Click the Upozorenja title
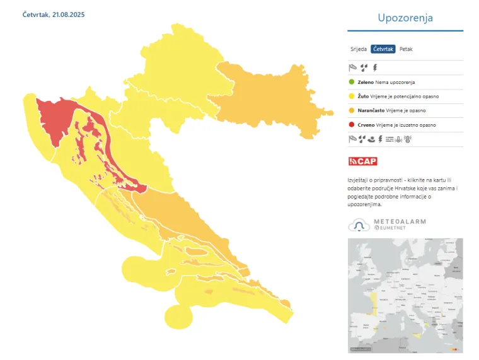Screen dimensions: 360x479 point(405,18)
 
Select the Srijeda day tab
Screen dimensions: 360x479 point(359,49)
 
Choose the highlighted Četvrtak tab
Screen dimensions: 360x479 point(383,49)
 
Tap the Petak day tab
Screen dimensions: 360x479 point(407,49)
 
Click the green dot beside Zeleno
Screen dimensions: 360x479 point(352,82)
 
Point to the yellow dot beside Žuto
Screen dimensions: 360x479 point(352,96)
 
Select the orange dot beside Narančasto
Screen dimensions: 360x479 point(352,110)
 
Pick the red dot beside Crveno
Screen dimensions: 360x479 point(352,125)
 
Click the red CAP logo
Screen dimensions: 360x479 point(363,161)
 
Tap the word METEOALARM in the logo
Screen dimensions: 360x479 point(400,222)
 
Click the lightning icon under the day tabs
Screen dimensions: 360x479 point(375,67)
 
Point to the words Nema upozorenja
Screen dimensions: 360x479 point(395,82)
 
